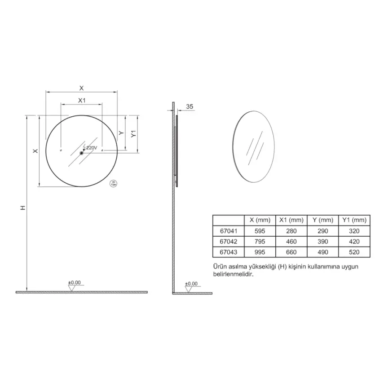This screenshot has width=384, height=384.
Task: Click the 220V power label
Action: coord(91,147)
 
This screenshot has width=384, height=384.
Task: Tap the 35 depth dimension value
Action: coord(190,106)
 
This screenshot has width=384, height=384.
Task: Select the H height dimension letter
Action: coord(22,208)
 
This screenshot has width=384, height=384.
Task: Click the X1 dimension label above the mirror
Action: coord(82,100)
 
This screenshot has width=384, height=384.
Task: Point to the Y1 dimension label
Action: coord(133,134)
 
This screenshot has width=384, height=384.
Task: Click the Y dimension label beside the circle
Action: coord(121,133)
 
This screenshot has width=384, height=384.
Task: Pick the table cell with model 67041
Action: coord(228,231)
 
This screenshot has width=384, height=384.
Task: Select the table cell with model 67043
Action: coord(228,252)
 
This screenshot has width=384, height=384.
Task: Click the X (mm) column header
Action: coord(260,220)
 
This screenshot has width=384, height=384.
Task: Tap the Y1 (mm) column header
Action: coord(354,220)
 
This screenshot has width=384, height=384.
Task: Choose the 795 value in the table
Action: coord(260,242)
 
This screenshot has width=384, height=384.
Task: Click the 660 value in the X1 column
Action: coord(291,252)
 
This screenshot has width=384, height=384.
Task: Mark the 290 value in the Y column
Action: coord(322,231)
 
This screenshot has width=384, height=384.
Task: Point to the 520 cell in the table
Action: coord(354,252)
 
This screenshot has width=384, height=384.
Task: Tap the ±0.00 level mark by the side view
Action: coord(191,283)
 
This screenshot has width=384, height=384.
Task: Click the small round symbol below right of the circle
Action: coord(114,183)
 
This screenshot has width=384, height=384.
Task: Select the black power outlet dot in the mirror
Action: coord(82,153)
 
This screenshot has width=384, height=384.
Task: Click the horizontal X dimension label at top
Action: coord(81,88)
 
